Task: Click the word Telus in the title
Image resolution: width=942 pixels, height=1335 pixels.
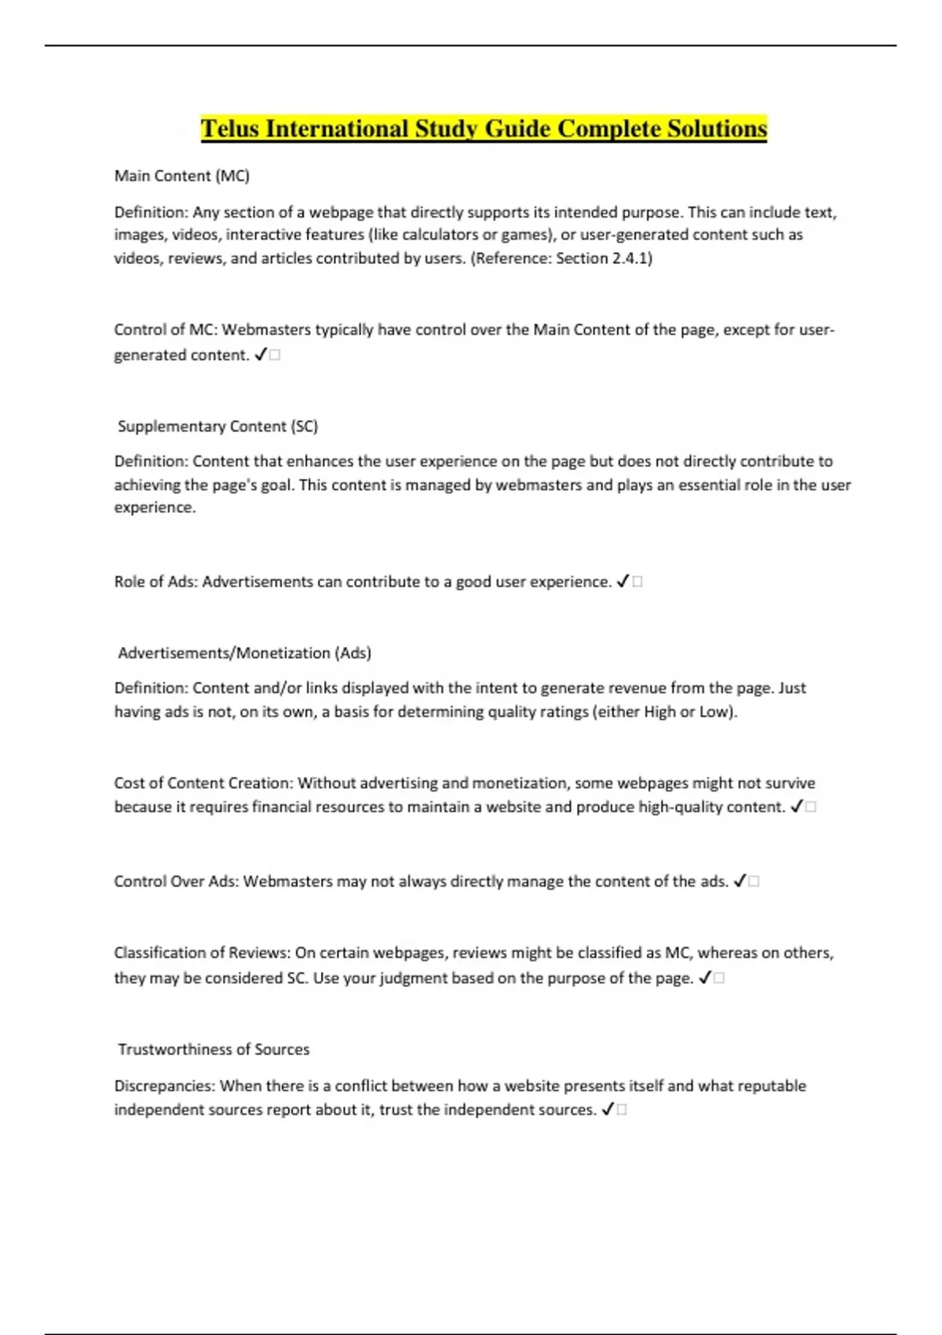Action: tap(231, 129)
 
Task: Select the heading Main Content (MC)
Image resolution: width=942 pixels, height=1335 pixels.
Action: tap(181, 176)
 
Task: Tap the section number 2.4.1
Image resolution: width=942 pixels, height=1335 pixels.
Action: tap(630, 258)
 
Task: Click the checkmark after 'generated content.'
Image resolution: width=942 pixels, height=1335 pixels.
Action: tap(261, 355)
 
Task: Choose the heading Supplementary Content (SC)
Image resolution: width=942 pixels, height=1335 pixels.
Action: tap(217, 426)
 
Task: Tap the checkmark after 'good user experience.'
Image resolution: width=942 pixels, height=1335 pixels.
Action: tap(623, 582)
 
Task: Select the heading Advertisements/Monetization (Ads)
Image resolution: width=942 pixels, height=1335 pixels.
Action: tap(244, 653)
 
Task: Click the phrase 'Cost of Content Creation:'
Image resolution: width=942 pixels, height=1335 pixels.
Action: tap(203, 784)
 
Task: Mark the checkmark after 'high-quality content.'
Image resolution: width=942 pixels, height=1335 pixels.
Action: tap(797, 807)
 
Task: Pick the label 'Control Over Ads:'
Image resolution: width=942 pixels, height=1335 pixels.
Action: tap(176, 882)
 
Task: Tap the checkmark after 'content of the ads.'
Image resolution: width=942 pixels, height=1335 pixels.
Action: tap(739, 882)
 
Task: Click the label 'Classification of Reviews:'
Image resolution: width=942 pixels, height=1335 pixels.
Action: tap(203, 953)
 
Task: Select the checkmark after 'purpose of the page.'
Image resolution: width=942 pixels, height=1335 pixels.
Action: tap(705, 978)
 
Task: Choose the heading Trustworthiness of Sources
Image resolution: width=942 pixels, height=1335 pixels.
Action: tap(214, 1050)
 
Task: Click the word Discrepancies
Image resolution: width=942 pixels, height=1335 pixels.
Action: tap(164, 1087)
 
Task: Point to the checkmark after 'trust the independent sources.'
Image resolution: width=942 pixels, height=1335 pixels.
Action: tap(608, 1110)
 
